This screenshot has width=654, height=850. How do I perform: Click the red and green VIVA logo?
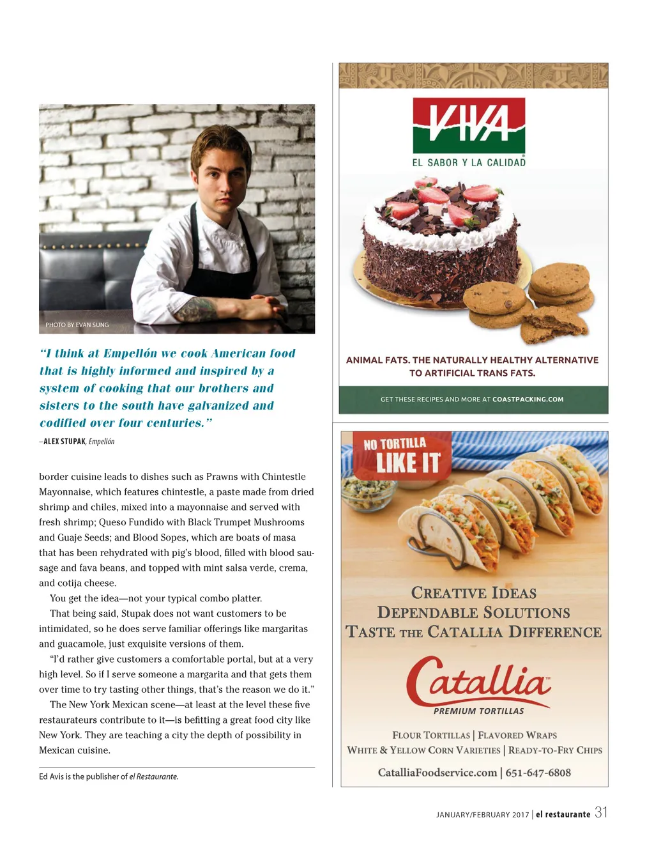click(x=469, y=125)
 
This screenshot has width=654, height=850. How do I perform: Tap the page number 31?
click(x=601, y=812)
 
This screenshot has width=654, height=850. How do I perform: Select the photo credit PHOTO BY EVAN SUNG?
click(x=77, y=325)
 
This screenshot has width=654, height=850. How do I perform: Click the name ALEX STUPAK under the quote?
click(x=65, y=442)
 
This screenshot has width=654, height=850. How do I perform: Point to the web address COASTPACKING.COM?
click(x=528, y=399)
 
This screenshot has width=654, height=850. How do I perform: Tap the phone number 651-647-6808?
click(x=538, y=773)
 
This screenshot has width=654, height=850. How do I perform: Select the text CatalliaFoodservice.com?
click(x=437, y=773)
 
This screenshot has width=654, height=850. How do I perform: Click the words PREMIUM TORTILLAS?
click(x=478, y=711)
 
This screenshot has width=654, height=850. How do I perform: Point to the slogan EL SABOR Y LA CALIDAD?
click(x=469, y=162)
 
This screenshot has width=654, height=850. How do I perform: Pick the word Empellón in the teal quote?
click(x=130, y=353)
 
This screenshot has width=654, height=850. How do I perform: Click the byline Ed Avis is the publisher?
click(x=109, y=777)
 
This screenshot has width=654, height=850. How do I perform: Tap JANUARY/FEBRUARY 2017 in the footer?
click(x=482, y=814)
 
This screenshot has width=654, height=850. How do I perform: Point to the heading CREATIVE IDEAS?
click(x=473, y=593)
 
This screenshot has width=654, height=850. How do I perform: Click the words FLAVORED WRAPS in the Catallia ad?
click(x=517, y=735)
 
